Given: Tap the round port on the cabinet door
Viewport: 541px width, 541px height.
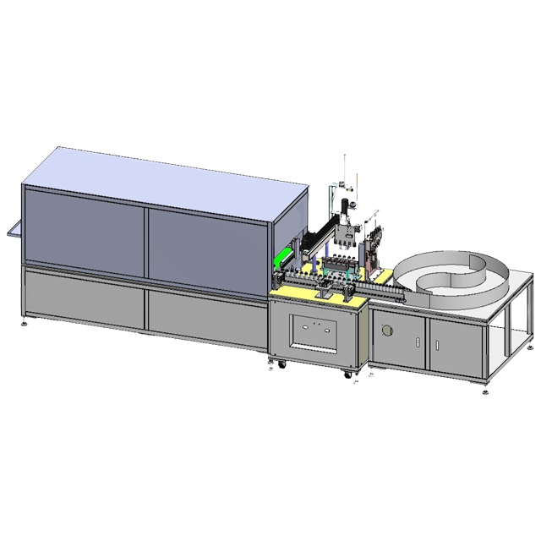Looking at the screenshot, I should coord(388,331).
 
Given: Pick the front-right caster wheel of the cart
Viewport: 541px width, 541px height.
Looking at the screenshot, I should coord(347,373).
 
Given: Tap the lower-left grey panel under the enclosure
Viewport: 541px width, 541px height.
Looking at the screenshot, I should coord(85,295).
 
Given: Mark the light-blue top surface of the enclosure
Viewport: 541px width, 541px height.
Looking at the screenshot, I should coord(161,178).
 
